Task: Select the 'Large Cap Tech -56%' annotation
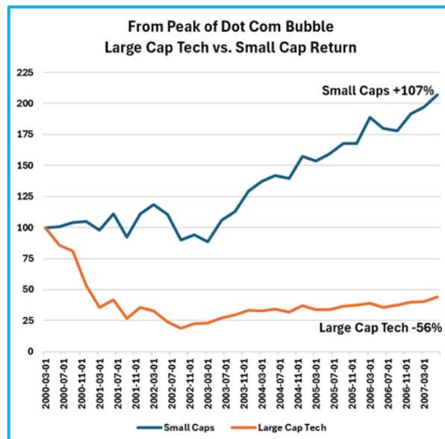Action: tap(371, 327)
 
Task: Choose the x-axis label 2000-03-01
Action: tap(45, 381)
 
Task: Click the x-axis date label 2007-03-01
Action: tap(424, 381)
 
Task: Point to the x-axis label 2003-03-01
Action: tap(208, 381)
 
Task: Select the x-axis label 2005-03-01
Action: tap(316, 381)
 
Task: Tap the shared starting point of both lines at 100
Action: tap(46, 227)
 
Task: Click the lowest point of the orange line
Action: tap(181, 328)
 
